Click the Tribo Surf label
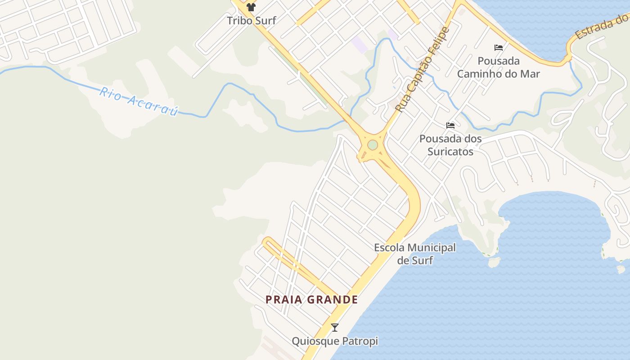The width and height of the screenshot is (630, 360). point(251,20)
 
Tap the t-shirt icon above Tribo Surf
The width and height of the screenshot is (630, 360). point(251,7)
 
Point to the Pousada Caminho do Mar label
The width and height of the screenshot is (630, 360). point(498,67)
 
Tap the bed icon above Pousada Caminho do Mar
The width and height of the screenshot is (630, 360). point(499,47)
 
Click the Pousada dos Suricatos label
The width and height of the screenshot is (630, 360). point(450,145)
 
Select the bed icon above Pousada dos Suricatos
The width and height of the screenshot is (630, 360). point(450,125)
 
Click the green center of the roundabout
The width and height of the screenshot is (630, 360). point(373,145)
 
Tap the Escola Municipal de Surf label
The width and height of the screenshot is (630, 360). point(415,254)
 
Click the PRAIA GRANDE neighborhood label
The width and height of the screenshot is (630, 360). point(312,300)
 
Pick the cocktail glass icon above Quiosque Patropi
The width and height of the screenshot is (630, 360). point(335,328)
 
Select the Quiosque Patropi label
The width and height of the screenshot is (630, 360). point(335,341)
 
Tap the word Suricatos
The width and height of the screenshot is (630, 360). point(450,152)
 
